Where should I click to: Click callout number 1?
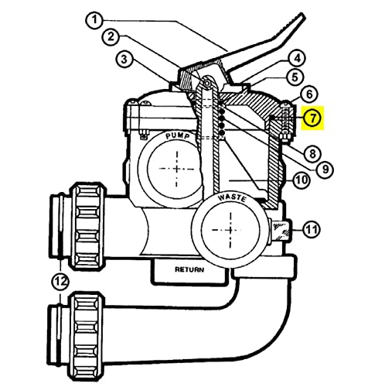(x=95, y=20)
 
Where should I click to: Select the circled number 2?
(x=111, y=36)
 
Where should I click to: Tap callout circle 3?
(x=124, y=60)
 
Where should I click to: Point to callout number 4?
(x=298, y=59)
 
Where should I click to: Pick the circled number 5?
(x=295, y=77)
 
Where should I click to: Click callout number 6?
(x=309, y=94)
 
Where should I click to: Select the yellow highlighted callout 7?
(x=312, y=118)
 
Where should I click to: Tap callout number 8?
(x=312, y=154)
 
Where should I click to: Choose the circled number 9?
(x=325, y=169)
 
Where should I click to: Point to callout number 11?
(x=312, y=229)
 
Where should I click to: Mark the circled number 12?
(x=61, y=281)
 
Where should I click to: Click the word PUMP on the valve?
(x=178, y=135)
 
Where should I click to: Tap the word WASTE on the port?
(x=232, y=198)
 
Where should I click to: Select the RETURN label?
(x=189, y=269)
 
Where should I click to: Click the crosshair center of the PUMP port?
(x=177, y=170)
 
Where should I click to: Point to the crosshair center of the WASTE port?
(x=230, y=230)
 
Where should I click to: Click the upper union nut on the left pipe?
(x=87, y=225)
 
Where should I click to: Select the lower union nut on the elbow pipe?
(x=87, y=337)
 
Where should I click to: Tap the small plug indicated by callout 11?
(x=281, y=230)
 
